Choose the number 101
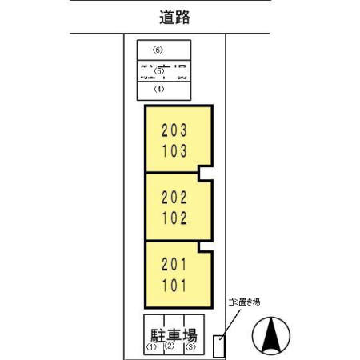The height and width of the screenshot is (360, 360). click(x=178, y=284)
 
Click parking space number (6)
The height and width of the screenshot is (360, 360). click(x=158, y=50)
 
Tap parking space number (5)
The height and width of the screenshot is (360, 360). click(x=158, y=70)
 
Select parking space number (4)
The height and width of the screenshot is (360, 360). click(x=158, y=89)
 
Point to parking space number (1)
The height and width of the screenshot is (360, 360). click(x=150, y=348)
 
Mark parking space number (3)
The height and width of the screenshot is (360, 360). click(x=190, y=348)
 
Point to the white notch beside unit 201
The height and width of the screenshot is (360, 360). click(x=206, y=243)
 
